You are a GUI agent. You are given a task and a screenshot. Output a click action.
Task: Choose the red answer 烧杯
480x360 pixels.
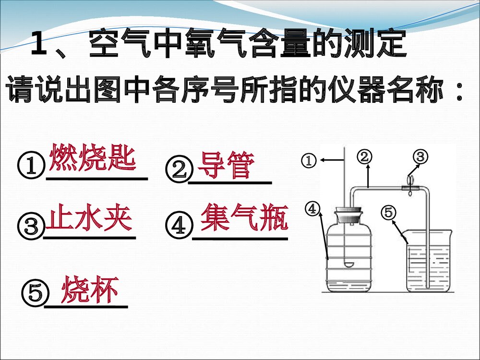click(90, 289)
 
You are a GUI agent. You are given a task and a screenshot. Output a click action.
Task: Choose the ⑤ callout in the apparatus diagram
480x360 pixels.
click(388, 211)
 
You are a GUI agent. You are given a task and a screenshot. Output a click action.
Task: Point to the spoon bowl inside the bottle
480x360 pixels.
click(349, 264)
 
